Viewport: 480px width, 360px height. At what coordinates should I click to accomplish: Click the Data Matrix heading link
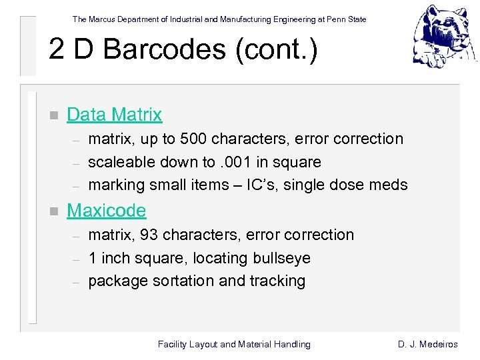[x=114, y=115]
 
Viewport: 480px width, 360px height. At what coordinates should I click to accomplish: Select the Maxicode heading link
[x=106, y=211]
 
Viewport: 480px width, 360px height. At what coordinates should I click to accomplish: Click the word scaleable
[x=122, y=162]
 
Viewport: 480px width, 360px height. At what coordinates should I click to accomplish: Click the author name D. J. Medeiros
[x=428, y=344]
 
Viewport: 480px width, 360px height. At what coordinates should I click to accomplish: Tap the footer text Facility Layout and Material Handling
[x=234, y=344]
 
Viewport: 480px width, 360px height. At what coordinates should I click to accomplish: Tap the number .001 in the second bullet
[x=237, y=162]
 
